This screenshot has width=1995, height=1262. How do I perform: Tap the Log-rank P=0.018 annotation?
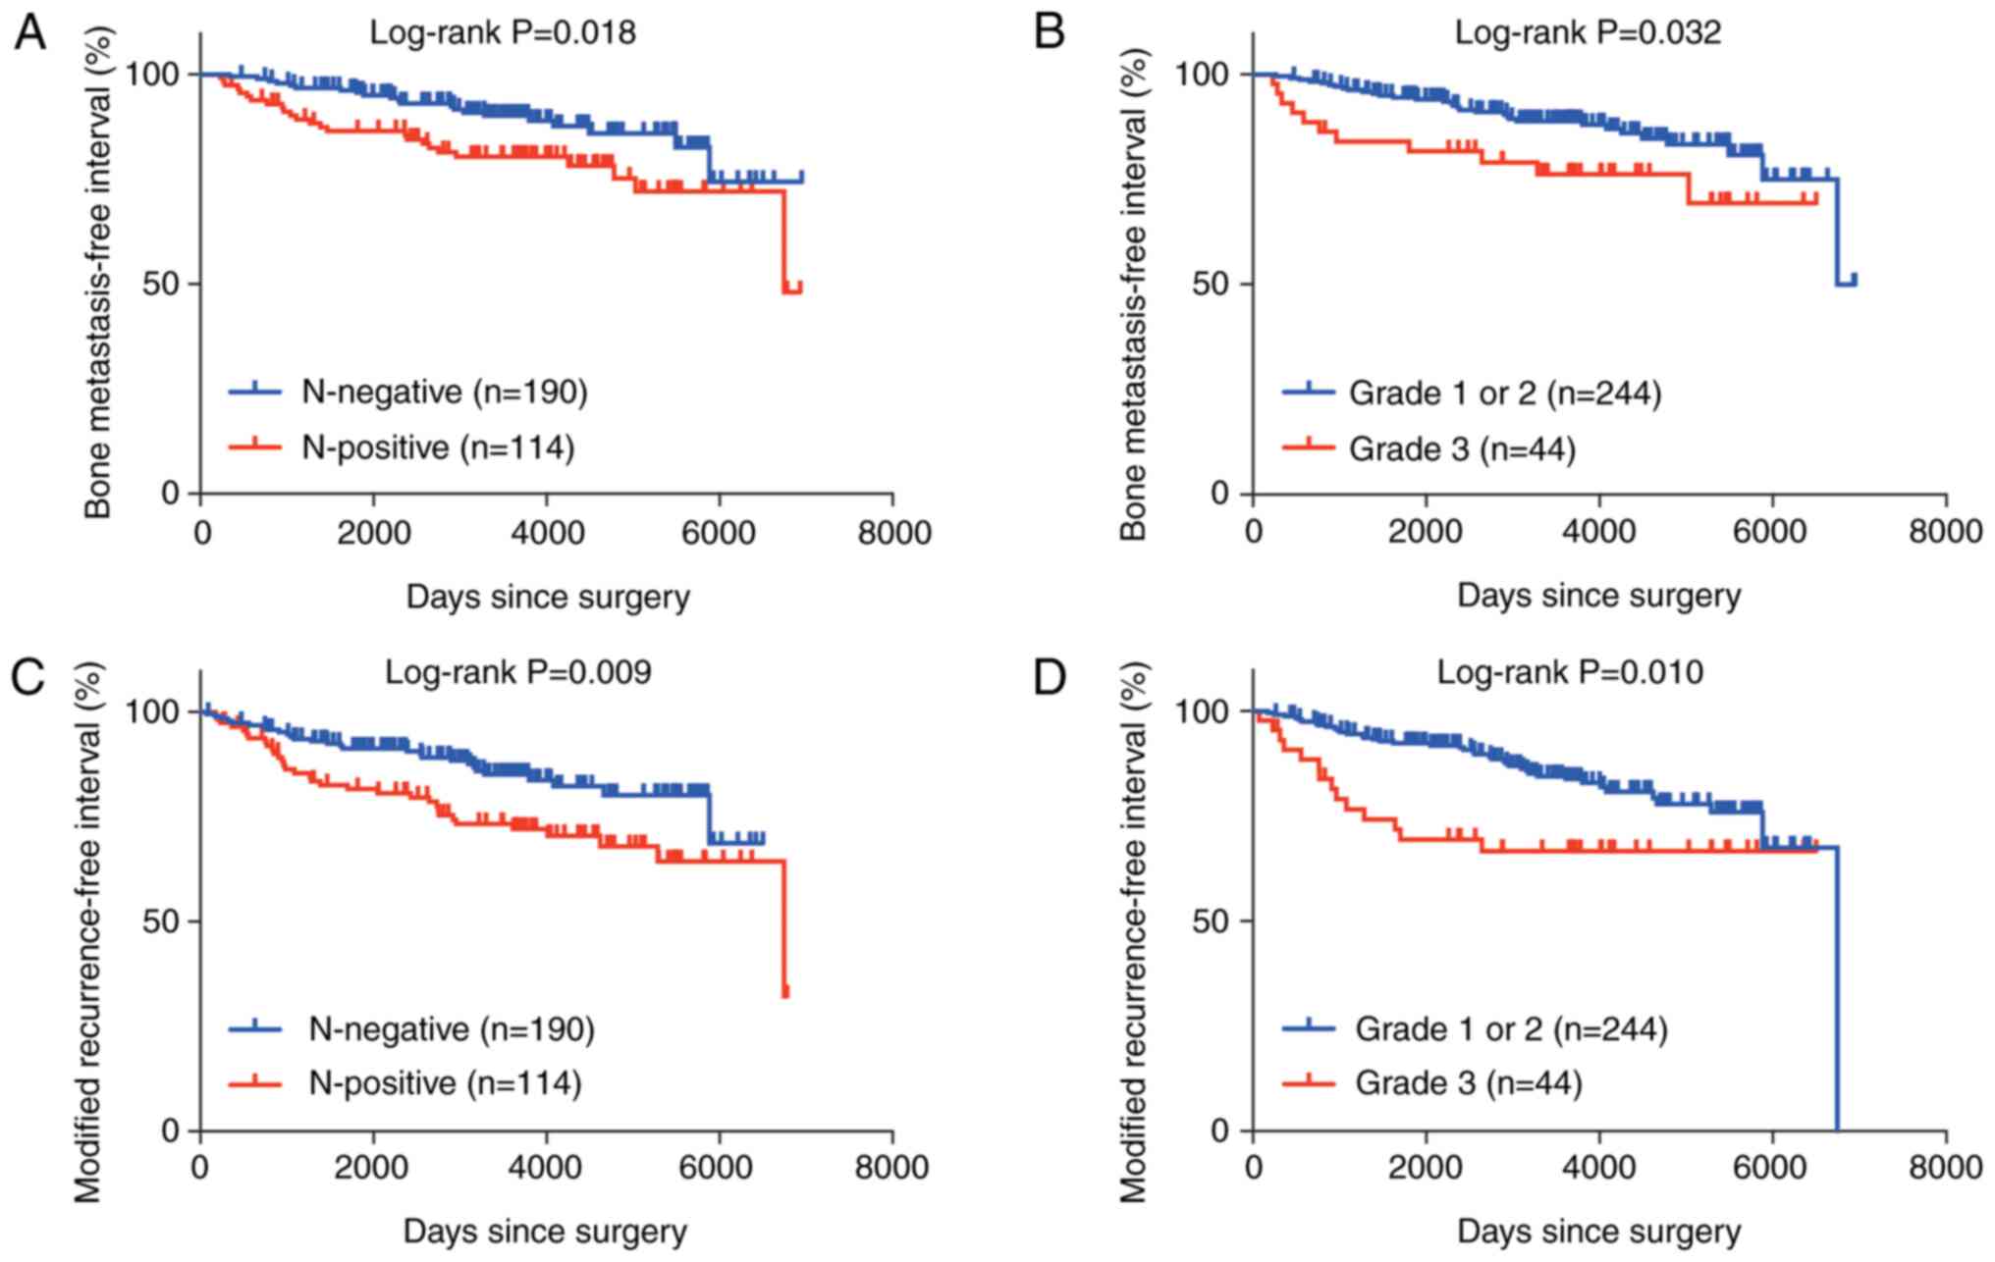point(502,32)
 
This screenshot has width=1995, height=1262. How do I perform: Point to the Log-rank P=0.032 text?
point(1587,32)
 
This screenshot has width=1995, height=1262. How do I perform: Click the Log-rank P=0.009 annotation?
point(517,672)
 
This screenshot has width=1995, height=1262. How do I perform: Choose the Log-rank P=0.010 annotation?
point(1570,672)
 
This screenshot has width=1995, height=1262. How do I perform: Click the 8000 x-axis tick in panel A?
point(892,533)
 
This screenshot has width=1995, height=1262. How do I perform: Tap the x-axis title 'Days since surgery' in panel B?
point(1598,596)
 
